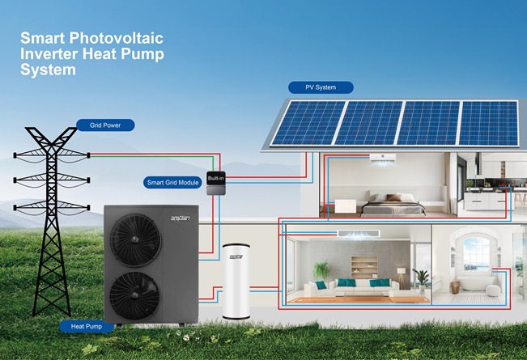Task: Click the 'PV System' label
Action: pyautogui.click(x=321, y=87)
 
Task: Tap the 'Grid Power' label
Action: pyautogui.click(x=105, y=125)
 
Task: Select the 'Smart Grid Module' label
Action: pyautogui.click(x=172, y=183)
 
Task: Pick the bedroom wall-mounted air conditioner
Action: pyautogui.click(x=382, y=158)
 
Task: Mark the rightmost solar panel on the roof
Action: pyautogui.click(x=488, y=122)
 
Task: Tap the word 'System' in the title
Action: pyautogui.click(x=49, y=70)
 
